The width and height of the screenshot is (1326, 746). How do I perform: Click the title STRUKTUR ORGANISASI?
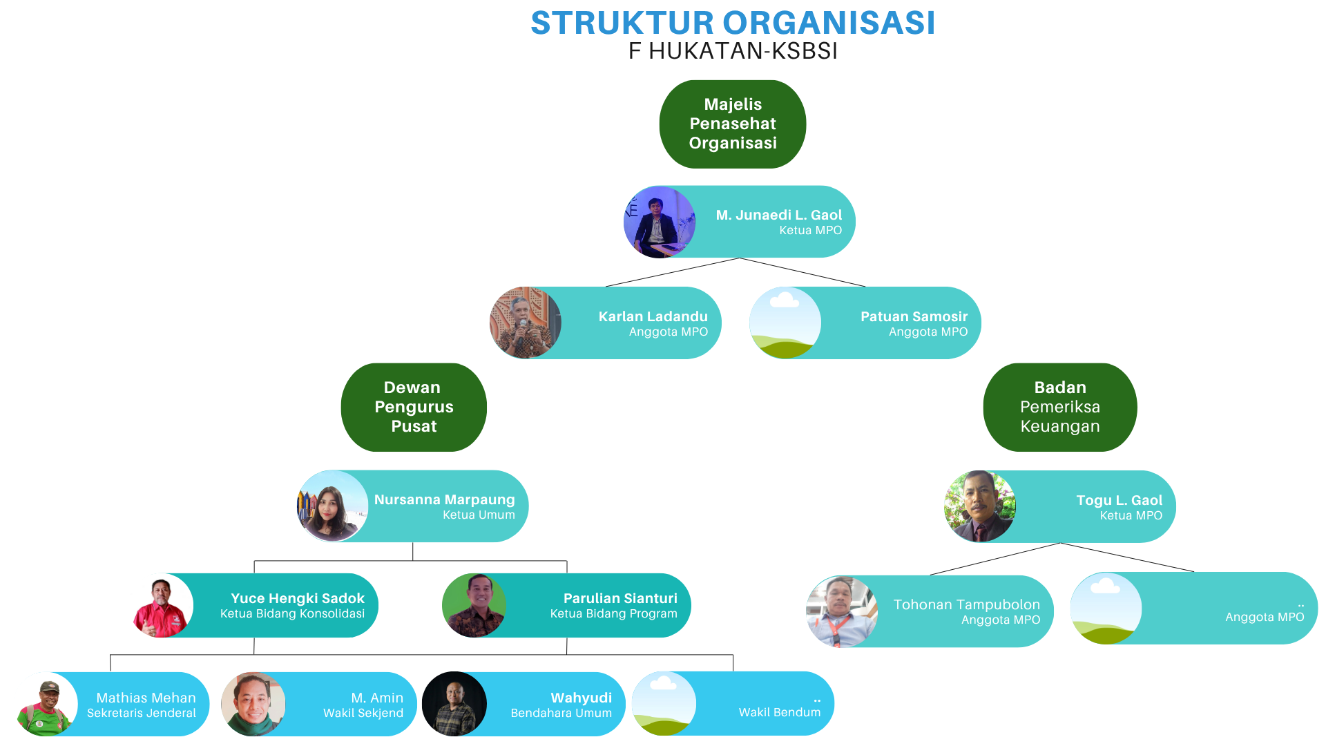click(733, 23)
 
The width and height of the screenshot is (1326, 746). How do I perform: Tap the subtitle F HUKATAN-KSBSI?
click(733, 51)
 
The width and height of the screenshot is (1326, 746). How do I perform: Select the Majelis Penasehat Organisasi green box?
click(733, 124)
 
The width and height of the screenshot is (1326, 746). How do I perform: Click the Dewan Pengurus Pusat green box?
click(414, 408)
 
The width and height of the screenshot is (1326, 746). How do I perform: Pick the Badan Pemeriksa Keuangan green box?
click(1060, 408)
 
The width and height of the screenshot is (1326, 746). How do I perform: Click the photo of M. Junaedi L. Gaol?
click(660, 222)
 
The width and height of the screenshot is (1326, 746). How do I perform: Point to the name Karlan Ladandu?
click(653, 316)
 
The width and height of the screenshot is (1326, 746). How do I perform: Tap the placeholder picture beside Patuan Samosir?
click(785, 323)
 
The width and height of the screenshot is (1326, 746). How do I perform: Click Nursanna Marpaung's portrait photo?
click(332, 506)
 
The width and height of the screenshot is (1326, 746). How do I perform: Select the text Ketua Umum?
click(479, 515)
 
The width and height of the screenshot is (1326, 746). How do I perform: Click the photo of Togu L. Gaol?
click(979, 506)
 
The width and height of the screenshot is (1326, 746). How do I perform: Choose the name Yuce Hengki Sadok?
click(298, 598)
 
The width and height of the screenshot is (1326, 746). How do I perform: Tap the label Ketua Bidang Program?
click(613, 613)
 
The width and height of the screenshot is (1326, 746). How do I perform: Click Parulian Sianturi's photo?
click(474, 605)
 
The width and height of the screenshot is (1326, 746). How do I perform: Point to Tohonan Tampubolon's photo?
click(842, 611)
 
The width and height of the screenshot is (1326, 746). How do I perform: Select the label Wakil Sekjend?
click(363, 713)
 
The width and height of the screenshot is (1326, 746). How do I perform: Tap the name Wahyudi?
click(581, 698)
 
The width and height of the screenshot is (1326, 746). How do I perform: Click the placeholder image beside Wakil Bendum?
click(664, 704)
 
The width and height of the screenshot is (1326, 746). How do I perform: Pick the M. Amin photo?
click(253, 704)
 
